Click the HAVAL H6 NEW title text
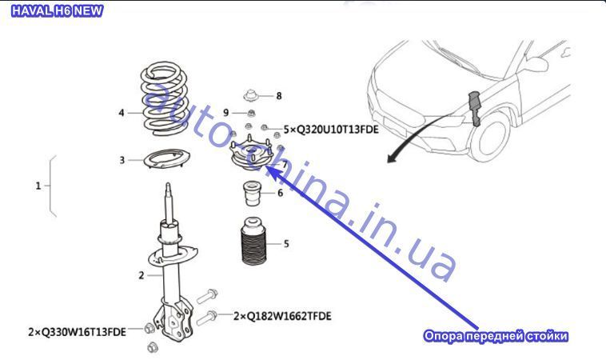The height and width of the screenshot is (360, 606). pyautogui.click(x=58, y=10)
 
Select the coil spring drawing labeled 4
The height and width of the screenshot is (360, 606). pyautogui.click(x=165, y=99)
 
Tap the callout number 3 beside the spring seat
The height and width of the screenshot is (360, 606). pyautogui.click(x=122, y=160)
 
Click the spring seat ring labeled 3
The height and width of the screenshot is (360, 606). pyautogui.click(x=166, y=159)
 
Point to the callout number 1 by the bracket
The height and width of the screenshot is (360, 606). pyautogui.click(x=38, y=186)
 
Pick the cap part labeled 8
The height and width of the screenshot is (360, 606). pyautogui.click(x=251, y=95)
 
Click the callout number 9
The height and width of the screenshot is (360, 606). pyautogui.click(x=226, y=113)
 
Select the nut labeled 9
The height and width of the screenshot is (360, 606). pyautogui.click(x=251, y=113)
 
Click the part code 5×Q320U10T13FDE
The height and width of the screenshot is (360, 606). pyautogui.click(x=331, y=130)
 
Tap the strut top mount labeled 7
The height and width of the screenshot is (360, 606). pyautogui.click(x=252, y=154)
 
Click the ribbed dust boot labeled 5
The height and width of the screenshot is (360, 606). pyautogui.click(x=254, y=241)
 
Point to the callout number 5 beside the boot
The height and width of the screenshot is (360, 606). pyautogui.click(x=286, y=244)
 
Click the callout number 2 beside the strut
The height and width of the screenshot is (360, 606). pyautogui.click(x=142, y=275)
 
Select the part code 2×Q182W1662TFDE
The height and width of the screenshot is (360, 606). pyautogui.click(x=282, y=316)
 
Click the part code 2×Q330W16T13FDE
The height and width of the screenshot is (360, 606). pyautogui.click(x=77, y=332)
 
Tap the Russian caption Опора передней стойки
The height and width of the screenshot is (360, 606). pyautogui.click(x=496, y=336)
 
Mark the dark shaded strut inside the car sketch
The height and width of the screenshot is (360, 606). pyautogui.click(x=474, y=108)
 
